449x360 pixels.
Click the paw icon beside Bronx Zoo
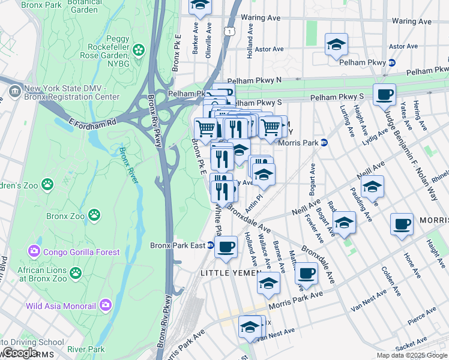[94, 214]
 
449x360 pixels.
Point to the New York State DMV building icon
[14, 92]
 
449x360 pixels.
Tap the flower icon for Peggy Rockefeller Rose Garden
[139, 49]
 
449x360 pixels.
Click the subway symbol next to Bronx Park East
[211, 245]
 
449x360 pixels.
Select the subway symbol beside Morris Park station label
[324, 142]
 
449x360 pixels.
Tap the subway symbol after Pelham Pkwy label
[392, 62]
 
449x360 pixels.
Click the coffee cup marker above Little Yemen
[226, 247]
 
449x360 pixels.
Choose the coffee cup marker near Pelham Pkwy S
[384, 94]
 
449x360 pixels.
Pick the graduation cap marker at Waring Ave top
[200, 5]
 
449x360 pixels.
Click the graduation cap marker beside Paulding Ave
[372, 187]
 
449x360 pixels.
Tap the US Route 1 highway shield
[229, 31]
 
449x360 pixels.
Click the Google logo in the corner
[20, 353]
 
